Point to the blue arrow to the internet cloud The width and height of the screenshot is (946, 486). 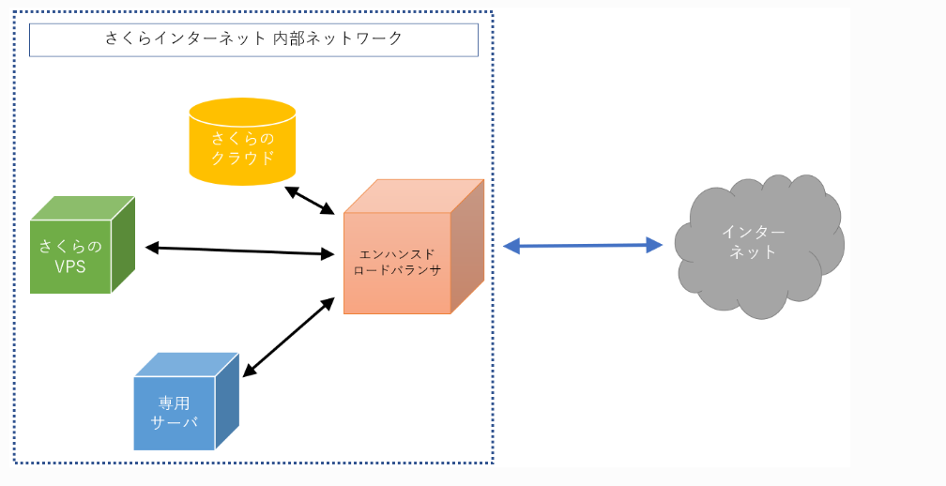(x=583, y=246)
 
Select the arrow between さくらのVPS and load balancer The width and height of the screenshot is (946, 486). (x=240, y=251)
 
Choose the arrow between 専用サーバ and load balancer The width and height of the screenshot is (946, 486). (x=289, y=337)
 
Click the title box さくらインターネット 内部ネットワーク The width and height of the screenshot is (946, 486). (x=254, y=39)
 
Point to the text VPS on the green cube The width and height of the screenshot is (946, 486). (x=70, y=266)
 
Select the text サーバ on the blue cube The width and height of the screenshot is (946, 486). (x=175, y=422)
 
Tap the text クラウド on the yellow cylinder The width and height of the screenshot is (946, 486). (x=242, y=157)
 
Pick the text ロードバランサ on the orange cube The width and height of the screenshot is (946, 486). (x=397, y=270)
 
